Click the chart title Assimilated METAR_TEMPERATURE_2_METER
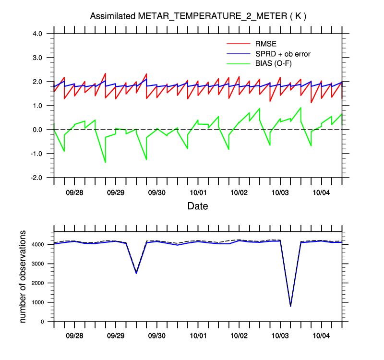pos(198,16)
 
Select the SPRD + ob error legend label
pos(283,54)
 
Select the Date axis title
pos(198,206)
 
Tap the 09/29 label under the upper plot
pos(116,192)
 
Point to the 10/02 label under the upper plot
pos(239,192)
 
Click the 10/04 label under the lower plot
pos(321,336)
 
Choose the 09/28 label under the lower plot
pos(74,336)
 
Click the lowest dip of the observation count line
pos(290,306)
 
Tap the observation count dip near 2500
pos(136,273)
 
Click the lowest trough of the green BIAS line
pos(105,162)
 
